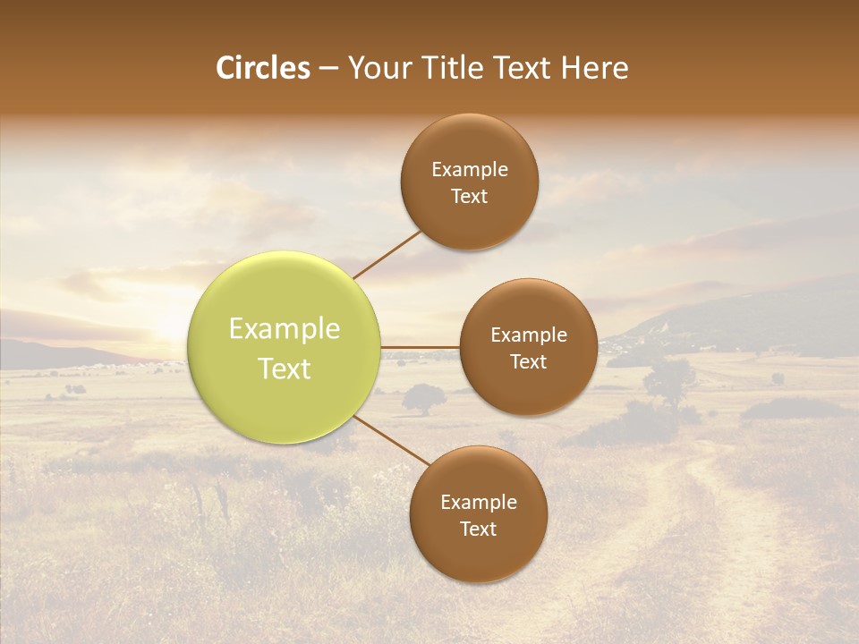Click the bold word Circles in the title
262,68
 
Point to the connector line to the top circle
387,253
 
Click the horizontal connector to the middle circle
421,347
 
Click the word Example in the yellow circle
285,329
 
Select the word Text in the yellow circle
285,369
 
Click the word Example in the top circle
469,170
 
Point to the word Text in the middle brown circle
528,361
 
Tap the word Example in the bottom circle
478,503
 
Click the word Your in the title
377,68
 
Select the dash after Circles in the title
328,69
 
